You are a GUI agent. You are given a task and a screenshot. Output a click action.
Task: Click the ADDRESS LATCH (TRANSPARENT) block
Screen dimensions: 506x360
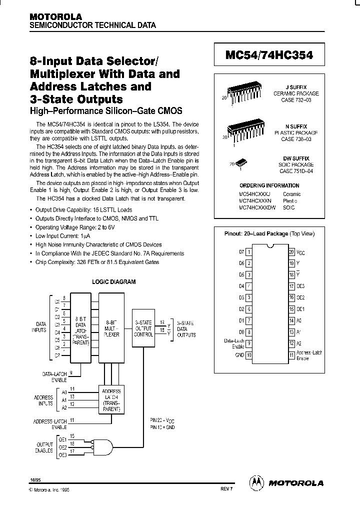pos(110,398)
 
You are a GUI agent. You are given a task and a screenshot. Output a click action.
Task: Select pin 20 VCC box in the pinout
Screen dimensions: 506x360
pos(291,252)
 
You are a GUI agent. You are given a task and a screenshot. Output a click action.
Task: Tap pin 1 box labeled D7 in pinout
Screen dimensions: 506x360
pos(249,252)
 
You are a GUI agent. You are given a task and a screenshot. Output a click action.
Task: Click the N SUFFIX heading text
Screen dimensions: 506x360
pos(299,126)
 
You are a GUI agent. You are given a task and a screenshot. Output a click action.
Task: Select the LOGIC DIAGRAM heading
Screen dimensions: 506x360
pos(114,281)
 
